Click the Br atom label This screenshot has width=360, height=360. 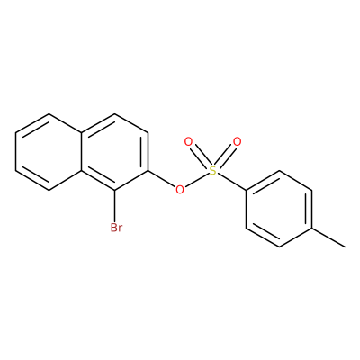[x=116, y=228]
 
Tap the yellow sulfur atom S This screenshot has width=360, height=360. [x=212, y=171]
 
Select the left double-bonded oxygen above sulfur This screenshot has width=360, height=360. [x=188, y=142]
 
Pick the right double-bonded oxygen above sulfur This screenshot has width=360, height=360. [x=237, y=142]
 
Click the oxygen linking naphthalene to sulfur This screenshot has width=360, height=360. [x=180, y=190]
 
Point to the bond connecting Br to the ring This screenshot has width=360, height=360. [x=115, y=206]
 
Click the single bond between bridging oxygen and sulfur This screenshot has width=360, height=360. [x=196, y=180]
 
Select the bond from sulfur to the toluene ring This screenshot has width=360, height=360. [x=231, y=181]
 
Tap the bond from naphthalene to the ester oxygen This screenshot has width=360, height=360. [x=161, y=179]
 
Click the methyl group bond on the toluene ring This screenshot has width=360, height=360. [x=328, y=238]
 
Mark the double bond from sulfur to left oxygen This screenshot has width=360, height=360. [x=201, y=157]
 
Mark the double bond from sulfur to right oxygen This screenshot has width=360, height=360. [x=225, y=157]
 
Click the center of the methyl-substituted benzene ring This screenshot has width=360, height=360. [x=279, y=209]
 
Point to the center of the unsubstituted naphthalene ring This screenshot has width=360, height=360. [x=49, y=152]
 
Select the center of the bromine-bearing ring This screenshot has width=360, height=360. [x=115, y=152]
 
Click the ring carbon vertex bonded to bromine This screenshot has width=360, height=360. [x=115, y=190]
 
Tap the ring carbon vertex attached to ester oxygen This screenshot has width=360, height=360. [x=148, y=171]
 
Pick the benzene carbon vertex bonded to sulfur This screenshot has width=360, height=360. [x=247, y=190]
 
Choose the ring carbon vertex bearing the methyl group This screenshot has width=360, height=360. [x=312, y=228]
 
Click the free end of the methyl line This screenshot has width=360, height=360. [x=345, y=247]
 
